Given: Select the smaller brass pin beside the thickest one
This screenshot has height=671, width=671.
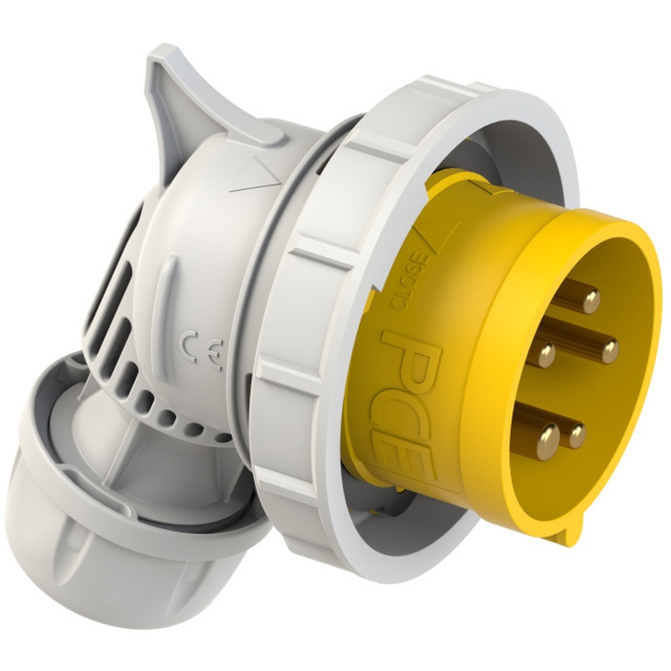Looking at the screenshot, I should coord(576,435).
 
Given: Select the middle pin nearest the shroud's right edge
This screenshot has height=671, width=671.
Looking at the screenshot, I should coord(609,351).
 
